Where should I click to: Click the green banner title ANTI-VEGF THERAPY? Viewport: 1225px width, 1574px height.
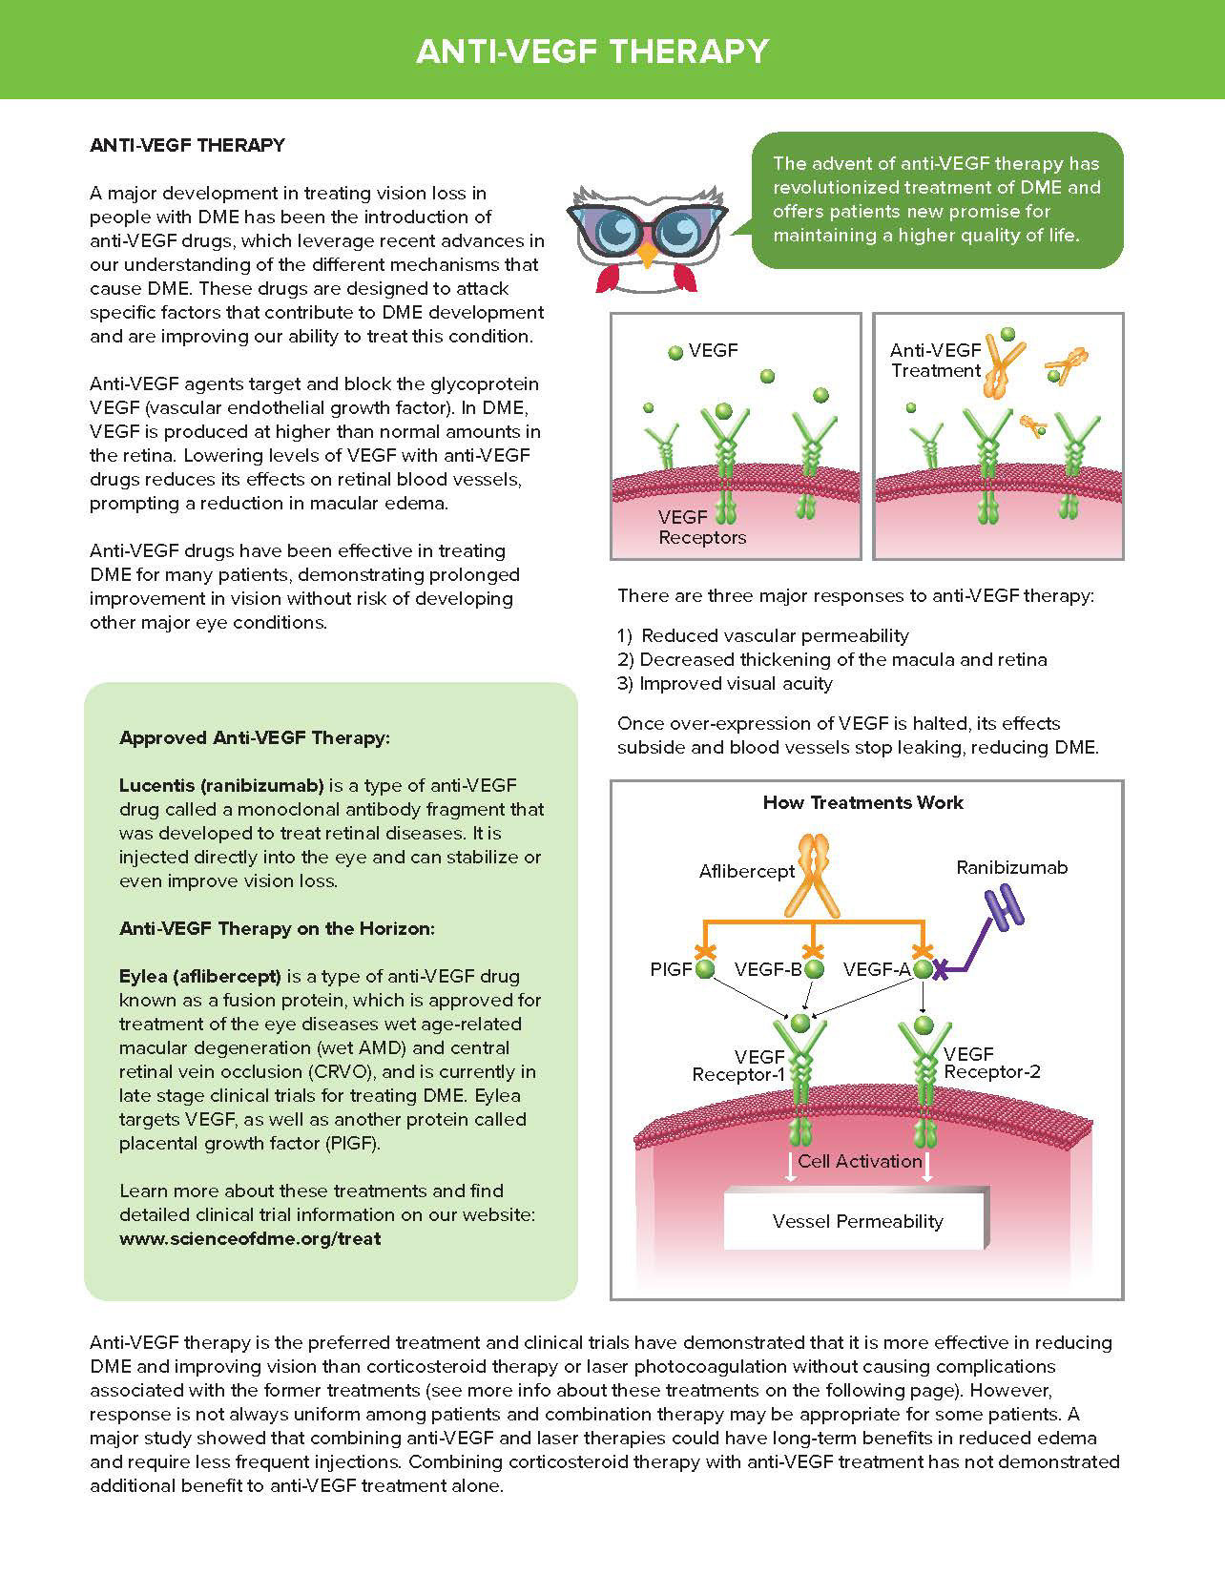pyautogui.click(x=592, y=51)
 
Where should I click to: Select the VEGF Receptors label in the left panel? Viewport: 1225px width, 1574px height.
pyautogui.click(x=701, y=528)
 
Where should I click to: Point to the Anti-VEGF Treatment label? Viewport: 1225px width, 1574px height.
pyautogui.click(x=935, y=361)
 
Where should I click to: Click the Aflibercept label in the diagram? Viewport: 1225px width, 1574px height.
pyautogui.click(x=747, y=871)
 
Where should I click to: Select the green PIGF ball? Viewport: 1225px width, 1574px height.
pyautogui.click(x=705, y=970)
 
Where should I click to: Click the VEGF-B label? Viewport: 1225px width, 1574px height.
pyautogui.click(x=768, y=970)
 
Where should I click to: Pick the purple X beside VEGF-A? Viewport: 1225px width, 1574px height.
pyautogui.click(x=941, y=971)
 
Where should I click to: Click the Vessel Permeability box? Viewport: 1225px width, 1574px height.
pyautogui.click(x=857, y=1221)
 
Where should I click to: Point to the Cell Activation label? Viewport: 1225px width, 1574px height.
pyautogui.click(x=860, y=1161)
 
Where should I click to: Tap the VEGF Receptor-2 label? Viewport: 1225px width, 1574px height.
pyautogui.click(x=991, y=1063)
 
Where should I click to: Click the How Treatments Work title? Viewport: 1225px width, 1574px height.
pyautogui.click(x=862, y=802)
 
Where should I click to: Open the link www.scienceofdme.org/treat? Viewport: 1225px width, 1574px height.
pyautogui.click(x=250, y=1239)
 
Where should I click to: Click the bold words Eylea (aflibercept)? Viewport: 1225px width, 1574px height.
pyautogui.click(x=199, y=977)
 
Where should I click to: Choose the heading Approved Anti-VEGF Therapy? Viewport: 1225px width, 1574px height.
pyautogui.click(x=255, y=738)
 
